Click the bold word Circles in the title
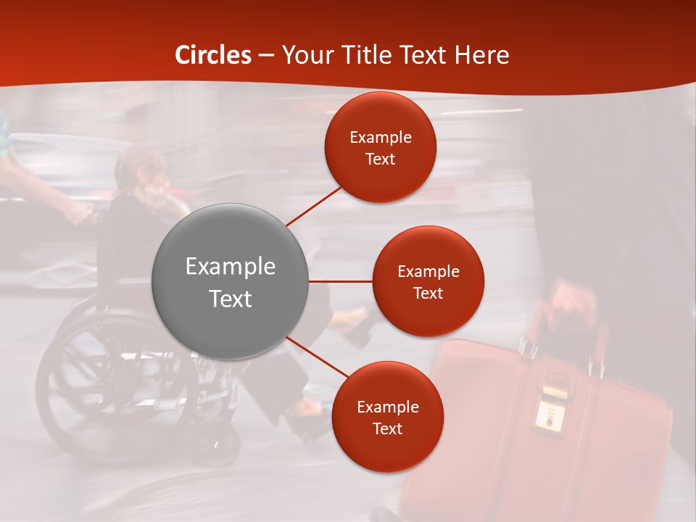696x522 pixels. (x=213, y=55)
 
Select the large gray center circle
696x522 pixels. (x=230, y=281)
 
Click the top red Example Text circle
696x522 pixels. (x=380, y=147)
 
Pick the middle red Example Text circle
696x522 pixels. (x=428, y=281)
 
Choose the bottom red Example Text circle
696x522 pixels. (x=387, y=417)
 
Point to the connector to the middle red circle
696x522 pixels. (x=340, y=281)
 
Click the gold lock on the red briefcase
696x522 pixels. (x=551, y=409)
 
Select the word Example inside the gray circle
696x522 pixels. (x=230, y=267)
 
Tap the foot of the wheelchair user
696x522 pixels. (x=308, y=413)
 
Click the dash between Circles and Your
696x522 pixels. (x=266, y=56)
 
